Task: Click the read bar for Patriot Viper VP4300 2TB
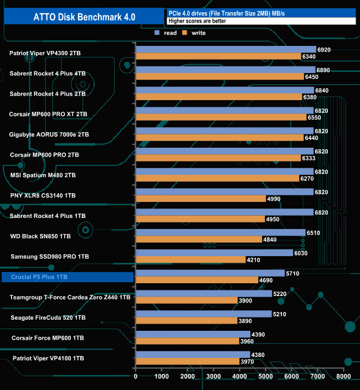225,49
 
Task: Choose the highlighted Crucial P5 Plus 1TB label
68,277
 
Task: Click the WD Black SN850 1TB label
40,236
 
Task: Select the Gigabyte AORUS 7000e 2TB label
49,134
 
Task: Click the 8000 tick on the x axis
343,376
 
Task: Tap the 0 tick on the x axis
136,376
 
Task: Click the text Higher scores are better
194,21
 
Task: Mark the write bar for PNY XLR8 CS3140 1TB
200,199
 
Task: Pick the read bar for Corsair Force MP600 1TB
193,334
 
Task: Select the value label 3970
247,362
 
